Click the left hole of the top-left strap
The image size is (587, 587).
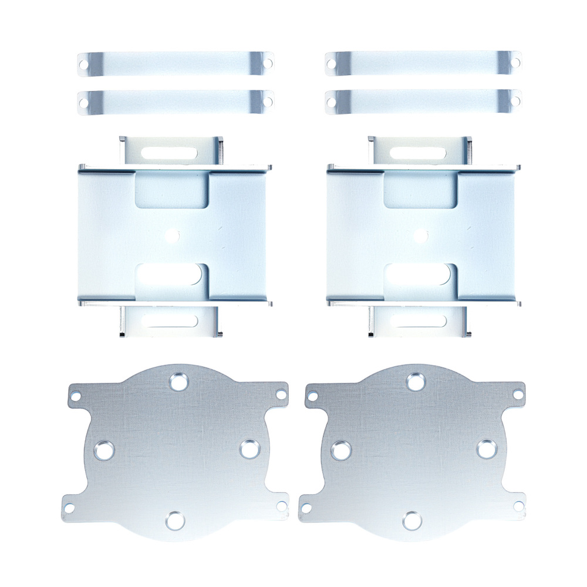click(x=84, y=64)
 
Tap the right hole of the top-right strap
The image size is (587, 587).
click(x=515, y=62)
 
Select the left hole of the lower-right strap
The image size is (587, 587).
click(x=331, y=103)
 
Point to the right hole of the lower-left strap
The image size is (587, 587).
click(x=268, y=101)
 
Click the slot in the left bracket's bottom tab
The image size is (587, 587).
click(x=170, y=321)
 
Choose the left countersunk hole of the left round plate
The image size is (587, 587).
click(x=104, y=450)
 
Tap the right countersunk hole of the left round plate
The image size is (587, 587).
click(x=250, y=449)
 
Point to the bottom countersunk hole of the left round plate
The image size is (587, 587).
click(x=174, y=519)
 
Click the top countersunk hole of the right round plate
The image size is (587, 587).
click(x=416, y=382)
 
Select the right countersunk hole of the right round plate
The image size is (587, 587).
click(x=487, y=449)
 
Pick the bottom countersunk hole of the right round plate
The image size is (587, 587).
click(x=412, y=519)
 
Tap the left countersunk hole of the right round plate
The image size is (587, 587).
click(x=340, y=451)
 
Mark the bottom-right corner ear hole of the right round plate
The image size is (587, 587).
click(x=518, y=505)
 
